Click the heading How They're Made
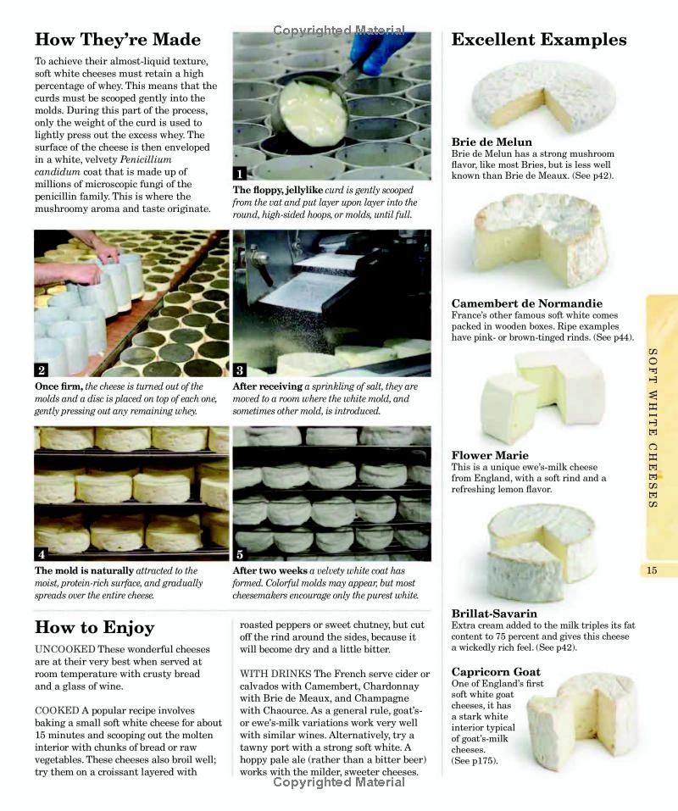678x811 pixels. coord(117,40)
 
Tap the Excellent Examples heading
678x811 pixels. coord(539,40)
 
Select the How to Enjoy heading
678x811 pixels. coord(94,627)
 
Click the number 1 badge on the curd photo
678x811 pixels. coord(240,173)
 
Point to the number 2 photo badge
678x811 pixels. coord(42,369)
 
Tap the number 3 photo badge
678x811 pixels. coord(240,369)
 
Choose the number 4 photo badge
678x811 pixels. coord(42,554)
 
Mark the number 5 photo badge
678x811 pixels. coord(240,554)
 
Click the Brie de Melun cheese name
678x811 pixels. coord(492,142)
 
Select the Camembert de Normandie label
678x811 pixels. coord(526,303)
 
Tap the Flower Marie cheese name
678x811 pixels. coord(490,455)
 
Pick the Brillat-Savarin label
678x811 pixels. coord(494,614)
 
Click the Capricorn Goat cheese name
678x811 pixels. coord(496,672)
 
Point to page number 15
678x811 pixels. coord(651,570)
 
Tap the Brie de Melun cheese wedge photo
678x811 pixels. coord(534,93)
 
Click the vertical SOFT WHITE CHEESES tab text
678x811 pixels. coord(653,428)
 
